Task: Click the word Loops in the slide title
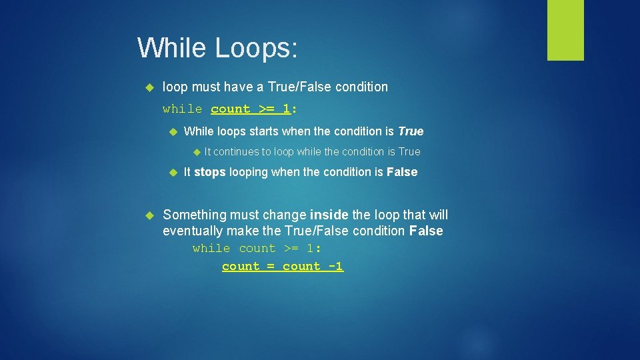257,48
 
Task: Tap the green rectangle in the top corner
565,30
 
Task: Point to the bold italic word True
411,131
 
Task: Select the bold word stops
210,172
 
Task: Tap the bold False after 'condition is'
402,172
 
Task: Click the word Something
195,215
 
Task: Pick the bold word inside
329,215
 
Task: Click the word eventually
193,231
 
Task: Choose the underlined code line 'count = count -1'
283,266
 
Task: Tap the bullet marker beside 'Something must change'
149,215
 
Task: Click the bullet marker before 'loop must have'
149,87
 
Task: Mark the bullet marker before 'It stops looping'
171,172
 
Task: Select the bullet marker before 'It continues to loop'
195,151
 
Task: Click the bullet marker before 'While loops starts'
171,131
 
